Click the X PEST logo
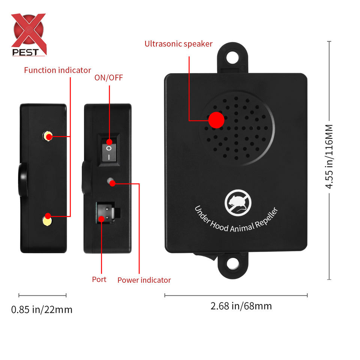click(x=28, y=35)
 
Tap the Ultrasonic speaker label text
click(x=178, y=44)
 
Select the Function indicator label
click(x=57, y=70)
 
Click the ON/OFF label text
click(x=109, y=78)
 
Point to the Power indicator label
click(x=144, y=280)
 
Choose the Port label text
click(x=99, y=279)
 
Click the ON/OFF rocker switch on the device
click(x=109, y=149)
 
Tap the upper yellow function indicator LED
click(x=47, y=136)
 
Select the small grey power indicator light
click(x=111, y=182)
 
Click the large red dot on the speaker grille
click(x=216, y=120)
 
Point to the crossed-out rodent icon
click(x=235, y=202)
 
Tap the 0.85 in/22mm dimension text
click(x=42, y=310)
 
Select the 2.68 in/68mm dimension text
click(x=241, y=306)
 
